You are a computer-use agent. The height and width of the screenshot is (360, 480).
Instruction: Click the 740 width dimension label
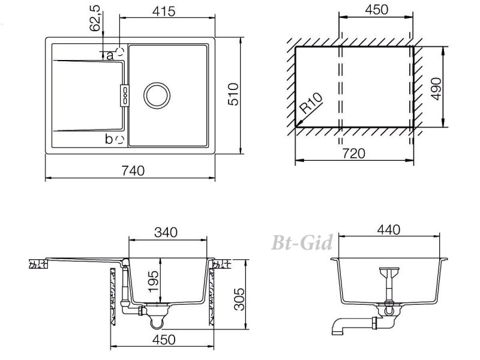coord(133,170)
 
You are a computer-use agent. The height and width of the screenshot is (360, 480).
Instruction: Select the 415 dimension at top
coord(164,11)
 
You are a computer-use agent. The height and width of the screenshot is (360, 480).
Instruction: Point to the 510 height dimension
coord(233,94)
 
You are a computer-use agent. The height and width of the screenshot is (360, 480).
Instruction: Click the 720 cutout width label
coord(353,154)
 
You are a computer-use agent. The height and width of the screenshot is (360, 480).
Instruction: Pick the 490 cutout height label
coord(436,89)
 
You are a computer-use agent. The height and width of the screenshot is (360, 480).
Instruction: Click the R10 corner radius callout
coord(310,103)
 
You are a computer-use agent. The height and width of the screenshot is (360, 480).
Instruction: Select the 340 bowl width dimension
coord(166,232)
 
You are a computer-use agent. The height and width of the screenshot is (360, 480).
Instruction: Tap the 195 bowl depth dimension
coord(153,281)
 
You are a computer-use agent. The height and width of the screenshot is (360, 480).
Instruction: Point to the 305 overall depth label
coord(239,299)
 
